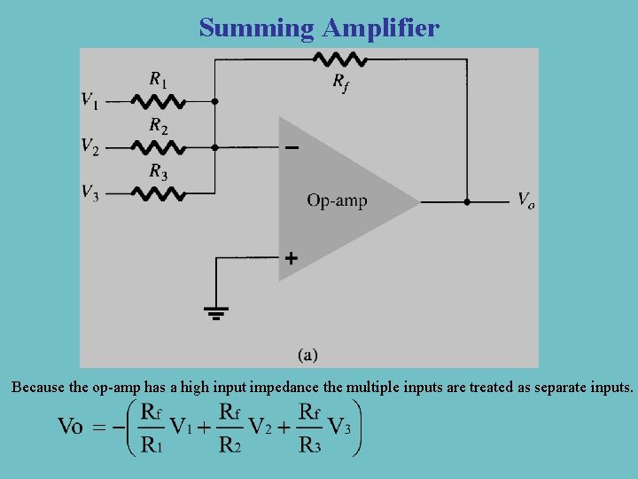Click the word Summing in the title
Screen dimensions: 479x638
tap(257, 28)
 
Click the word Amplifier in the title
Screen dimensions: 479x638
tap(380, 28)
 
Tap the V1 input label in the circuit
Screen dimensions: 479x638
tap(90, 100)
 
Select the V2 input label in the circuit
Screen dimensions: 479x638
tap(90, 145)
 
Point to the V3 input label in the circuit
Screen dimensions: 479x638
tap(90, 192)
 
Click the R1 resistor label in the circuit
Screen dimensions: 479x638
tap(158, 80)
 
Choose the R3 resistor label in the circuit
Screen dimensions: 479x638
tap(158, 171)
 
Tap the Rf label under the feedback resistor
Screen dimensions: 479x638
tap(340, 82)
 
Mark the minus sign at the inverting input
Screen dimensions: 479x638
tap(291, 147)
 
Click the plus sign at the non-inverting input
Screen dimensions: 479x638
tap(291, 259)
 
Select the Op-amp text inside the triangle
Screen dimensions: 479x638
tap(337, 200)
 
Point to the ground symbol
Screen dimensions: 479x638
tap(215, 312)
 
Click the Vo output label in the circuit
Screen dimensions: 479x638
tap(525, 200)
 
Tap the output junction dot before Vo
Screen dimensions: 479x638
tap(467, 202)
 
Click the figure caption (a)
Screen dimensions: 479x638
tap(307, 355)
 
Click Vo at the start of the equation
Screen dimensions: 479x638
tap(70, 427)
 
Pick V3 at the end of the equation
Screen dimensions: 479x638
tap(340, 427)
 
